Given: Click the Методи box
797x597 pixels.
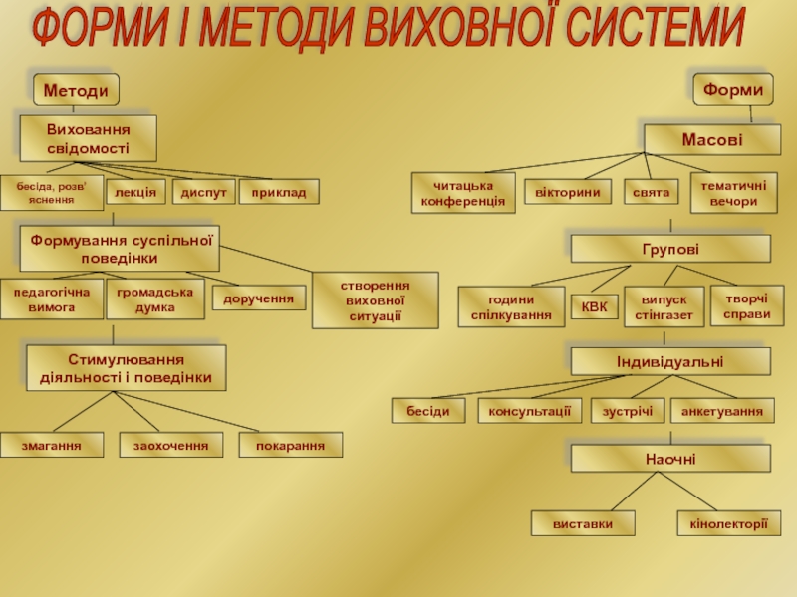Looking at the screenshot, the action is pos(76,90).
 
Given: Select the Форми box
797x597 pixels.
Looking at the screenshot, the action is pos(733,90).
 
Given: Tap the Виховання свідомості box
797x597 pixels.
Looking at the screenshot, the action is pos(88,138).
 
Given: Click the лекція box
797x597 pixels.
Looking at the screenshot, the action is pos(135,190).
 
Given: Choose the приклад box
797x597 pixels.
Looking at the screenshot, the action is pos(279,190).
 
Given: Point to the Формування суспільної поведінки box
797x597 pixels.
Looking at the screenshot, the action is pos(120,249).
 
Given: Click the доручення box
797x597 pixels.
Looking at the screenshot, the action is pos(259,298).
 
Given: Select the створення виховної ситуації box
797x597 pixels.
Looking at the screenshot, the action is pos(375,299).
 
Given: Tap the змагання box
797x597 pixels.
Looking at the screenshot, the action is pos(53,445).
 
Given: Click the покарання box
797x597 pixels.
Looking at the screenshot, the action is pos(290,445).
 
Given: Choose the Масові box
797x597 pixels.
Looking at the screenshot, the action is pos(711,139).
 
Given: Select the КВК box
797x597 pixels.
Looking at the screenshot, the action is pos(594,306).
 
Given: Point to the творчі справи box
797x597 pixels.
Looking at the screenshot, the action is pos(747,305).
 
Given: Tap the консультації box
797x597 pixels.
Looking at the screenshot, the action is pos(530,410).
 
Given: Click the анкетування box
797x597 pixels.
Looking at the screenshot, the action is pos(722,410).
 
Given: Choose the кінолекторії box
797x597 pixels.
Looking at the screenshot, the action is pos(729,523).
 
